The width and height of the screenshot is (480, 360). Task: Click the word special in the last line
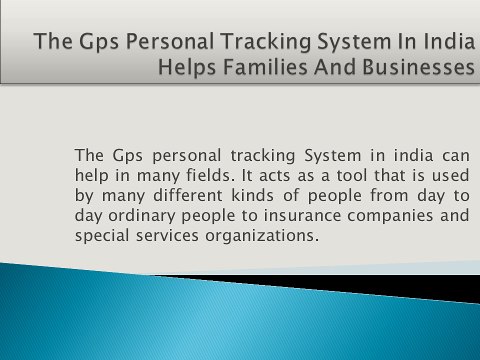[102, 236]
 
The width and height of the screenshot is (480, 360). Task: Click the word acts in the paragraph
[252, 175]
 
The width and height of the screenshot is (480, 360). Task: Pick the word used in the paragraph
[448, 175]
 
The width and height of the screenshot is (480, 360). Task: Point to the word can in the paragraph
[455, 155]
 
